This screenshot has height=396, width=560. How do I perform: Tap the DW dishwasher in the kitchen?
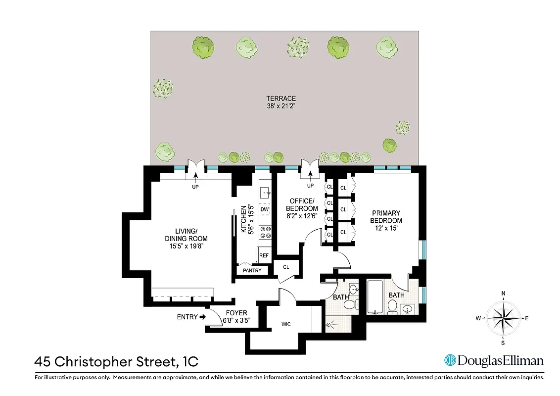[x=264, y=209]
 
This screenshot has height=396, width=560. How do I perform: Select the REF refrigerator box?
[x=264, y=255]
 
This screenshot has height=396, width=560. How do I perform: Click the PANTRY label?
[x=252, y=271]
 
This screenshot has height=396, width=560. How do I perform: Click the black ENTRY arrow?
[x=203, y=317]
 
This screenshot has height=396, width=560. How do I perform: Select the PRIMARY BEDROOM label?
[x=387, y=217]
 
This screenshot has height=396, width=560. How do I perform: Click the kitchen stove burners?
[x=265, y=232]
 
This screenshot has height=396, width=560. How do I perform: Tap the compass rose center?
[x=503, y=318]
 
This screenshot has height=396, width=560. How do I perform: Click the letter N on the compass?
[x=503, y=294]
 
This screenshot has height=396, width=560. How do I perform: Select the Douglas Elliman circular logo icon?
[x=450, y=360]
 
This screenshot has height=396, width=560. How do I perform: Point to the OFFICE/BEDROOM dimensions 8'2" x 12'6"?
[x=302, y=216]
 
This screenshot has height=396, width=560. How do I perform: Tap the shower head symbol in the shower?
[x=330, y=325]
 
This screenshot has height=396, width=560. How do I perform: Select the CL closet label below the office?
[x=286, y=267]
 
